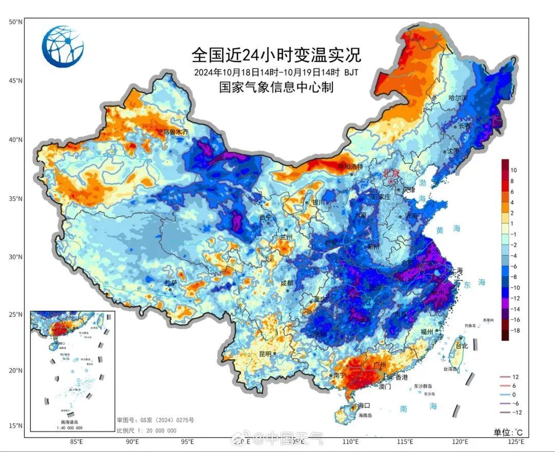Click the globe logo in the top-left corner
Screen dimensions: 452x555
63,47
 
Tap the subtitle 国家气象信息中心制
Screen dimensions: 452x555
276,87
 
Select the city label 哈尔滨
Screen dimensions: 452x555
458,98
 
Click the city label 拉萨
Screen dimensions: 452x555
171,283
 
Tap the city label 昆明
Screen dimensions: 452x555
265,354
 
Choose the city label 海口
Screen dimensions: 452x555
364,405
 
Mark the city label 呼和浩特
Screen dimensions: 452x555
350,166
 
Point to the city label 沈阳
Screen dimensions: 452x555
453,151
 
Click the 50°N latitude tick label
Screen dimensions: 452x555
15,22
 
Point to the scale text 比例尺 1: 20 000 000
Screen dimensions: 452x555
146,430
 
